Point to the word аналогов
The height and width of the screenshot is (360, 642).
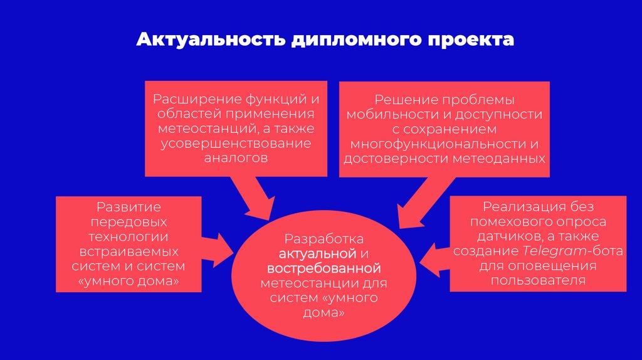[236, 158]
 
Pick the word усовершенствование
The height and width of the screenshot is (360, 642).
[235, 144]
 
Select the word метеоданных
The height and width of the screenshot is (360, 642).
[505, 159]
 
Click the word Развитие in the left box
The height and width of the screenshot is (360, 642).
[129, 206]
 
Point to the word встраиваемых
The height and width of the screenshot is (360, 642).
[129, 251]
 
